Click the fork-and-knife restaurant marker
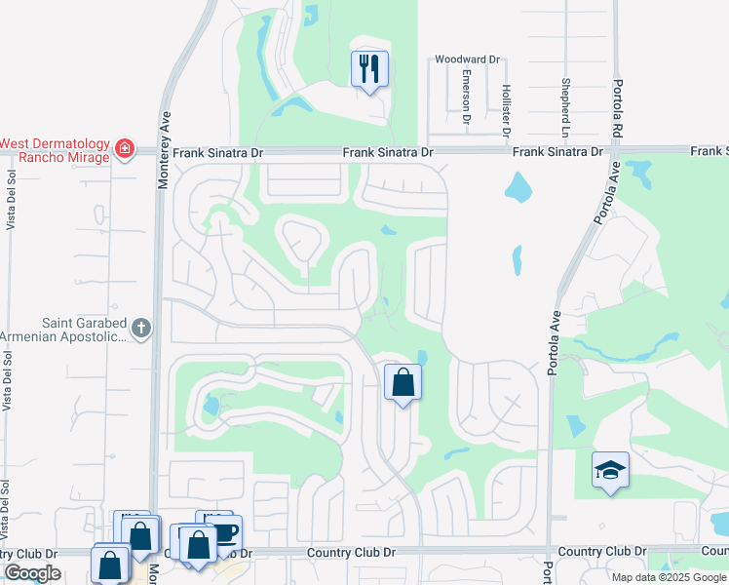[x=369, y=69]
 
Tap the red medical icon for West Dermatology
[x=124, y=149]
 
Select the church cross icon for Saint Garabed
[x=141, y=328]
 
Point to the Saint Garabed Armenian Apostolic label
[x=63, y=330]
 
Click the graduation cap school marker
[x=611, y=471]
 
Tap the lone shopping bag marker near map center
[x=403, y=382]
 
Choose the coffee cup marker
[x=225, y=532]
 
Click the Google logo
[x=32, y=573]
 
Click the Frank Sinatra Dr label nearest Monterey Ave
[x=211, y=152]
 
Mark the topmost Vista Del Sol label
[x=12, y=199]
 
